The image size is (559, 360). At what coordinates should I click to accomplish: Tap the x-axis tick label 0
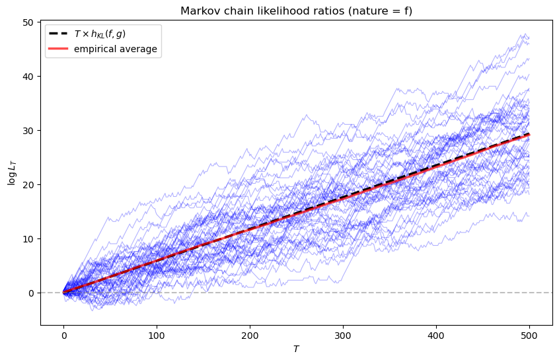pyautogui.click(x=63, y=336)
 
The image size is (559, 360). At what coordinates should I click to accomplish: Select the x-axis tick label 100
pyautogui.click(x=157, y=336)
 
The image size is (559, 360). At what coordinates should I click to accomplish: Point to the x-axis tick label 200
pyautogui.click(x=250, y=336)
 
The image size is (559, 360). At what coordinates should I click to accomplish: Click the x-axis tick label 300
pyautogui.click(x=343, y=336)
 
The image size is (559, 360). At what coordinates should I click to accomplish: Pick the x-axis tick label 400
pyautogui.click(x=436, y=336)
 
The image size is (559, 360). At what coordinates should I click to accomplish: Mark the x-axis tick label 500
pyautogui.click(x=529, y=336)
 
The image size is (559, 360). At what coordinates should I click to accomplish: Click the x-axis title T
pyautogui.click(x=296, y=348)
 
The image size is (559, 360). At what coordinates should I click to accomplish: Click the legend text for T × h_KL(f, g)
pyautogui.click(x=99, y=34)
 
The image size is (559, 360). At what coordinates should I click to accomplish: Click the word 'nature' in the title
pyautogui.click(x=364, y=11)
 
